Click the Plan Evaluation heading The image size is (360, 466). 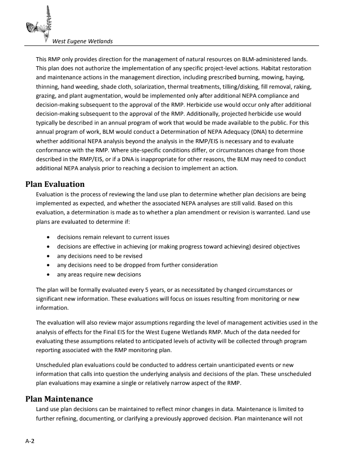(x=55, y=184)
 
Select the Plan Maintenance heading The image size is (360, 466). (x=59, y=399)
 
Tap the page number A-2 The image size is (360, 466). (x=30, y=441)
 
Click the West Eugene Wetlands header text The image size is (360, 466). (x=82, y=41)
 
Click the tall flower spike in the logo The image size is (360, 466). (x=48, y=20)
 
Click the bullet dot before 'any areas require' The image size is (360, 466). (x=48, y=275)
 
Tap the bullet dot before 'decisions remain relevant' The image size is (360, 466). (x=48, y=237)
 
